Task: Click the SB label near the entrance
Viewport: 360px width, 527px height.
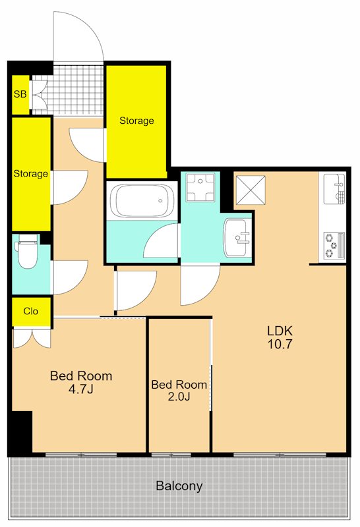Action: (20, 94)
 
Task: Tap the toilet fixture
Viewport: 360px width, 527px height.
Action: (26, 252)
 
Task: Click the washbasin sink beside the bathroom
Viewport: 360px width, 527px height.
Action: (237, 237)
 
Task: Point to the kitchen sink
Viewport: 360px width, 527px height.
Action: (334, 188)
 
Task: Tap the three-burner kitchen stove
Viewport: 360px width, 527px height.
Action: (334, 246)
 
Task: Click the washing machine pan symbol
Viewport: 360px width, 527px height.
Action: (200, 187)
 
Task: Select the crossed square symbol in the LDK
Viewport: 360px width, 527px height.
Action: (251, 190)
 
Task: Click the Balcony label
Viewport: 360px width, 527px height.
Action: (179, 486)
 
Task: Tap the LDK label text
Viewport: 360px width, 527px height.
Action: (280, 331)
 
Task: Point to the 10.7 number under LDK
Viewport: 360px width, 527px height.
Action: (280, 344)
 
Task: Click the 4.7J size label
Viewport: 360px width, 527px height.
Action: (80, 389)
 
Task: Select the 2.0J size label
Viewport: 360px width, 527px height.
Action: (179, 397)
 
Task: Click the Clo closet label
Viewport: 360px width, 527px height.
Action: (30, 311)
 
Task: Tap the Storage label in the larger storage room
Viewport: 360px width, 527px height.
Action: (136, 121)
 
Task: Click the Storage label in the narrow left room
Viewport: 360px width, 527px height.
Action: (30, 174)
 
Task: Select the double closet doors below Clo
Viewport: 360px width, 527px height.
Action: (32, 339)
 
